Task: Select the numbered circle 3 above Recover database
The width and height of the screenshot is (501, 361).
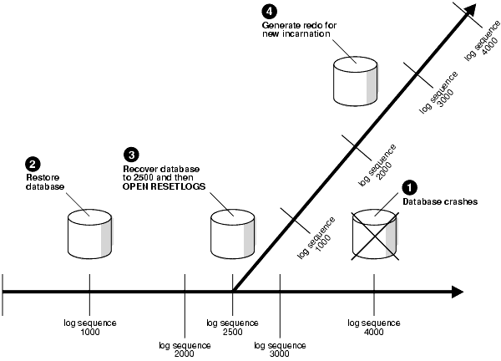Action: click(x=130, y=155)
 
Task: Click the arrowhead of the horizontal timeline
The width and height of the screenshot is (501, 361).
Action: click(x=456, y=292)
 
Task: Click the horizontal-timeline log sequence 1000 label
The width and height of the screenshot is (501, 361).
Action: click(x=90, y=327)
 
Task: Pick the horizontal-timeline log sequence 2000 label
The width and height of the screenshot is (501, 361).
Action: click(x=184, y=348)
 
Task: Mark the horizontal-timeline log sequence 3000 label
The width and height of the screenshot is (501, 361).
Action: click(x=279, y=348)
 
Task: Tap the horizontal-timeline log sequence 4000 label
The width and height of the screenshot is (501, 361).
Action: click(x=374, y=327)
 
